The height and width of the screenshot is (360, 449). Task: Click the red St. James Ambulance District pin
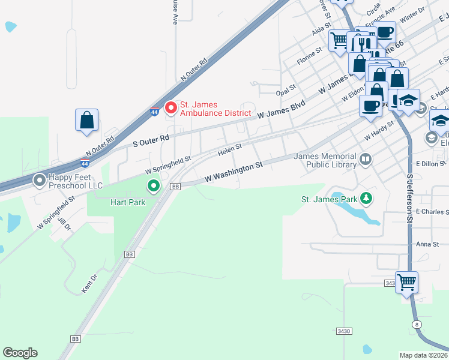click(x=171, y=108)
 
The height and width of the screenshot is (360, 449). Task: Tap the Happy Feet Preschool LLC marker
click(x=40, y=179)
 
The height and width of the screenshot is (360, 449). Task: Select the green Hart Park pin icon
click(x=154, y=186)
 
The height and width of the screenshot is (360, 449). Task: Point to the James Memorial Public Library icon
click(x=365, y=160)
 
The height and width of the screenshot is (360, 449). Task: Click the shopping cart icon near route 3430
click(x=407, y=282)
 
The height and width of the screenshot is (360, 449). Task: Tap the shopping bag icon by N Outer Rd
click(x=86, y=119)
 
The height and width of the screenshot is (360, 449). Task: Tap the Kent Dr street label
click(x=89, y=284)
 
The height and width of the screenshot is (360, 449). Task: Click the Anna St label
click(x=428, y=244)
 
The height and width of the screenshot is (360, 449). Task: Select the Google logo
click(x=20, y=353)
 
